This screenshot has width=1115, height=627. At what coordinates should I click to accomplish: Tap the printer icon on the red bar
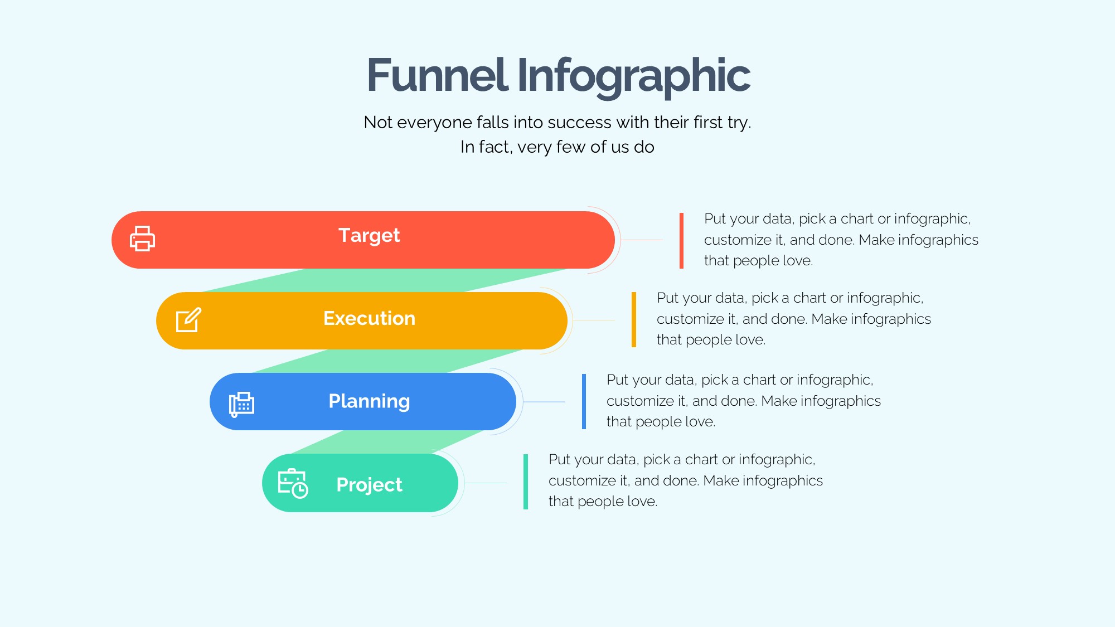click(x=142, y=239)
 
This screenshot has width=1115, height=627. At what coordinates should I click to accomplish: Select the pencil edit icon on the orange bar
click(x=188, y=320)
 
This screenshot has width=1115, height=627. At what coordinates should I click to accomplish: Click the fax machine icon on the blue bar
click(x=241, y=404)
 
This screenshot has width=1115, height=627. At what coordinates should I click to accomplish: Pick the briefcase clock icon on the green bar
click(x=293, y=483)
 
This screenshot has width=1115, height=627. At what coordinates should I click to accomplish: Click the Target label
click(x=369, y=236)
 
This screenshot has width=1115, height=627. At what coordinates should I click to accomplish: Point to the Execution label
click(x=369, y=318)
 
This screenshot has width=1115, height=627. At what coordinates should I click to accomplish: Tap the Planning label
click(x=369, y=402)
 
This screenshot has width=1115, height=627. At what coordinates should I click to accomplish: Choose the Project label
click(x=369, y=485)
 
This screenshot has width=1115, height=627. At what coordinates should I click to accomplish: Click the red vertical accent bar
click(x=681, y=240)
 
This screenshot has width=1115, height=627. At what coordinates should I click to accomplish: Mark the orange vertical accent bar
click(x=634, y=319)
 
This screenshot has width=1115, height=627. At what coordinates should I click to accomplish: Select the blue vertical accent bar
click(x=584, y=401)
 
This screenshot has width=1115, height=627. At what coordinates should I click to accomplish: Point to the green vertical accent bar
click(x=526, y=482)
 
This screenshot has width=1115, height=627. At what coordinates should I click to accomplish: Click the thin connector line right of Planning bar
click(x=544, y=402)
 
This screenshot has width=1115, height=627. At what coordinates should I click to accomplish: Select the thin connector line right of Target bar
click(x=642, y=240)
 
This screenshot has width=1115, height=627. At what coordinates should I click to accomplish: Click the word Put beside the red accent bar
click(x=715, y=218)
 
